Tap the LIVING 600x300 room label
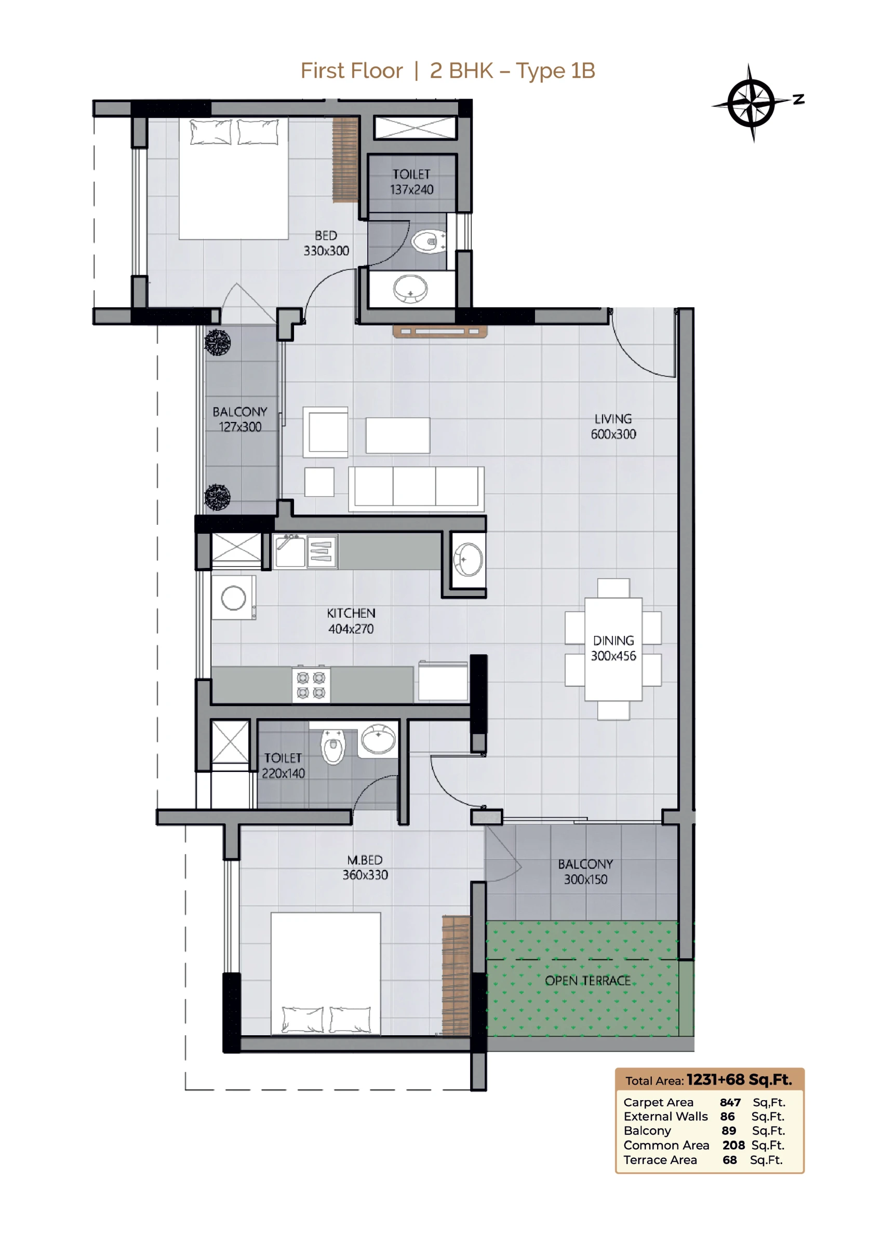coord(613,426)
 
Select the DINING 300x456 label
coord(613,648)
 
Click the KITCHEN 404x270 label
coord(351,621)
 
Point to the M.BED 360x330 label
coord(365,867)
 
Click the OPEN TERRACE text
coord(587,981)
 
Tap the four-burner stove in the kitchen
coord(311,685)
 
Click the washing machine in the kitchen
coord(234,598)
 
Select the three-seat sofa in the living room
coord(416,489)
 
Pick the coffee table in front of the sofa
coord(397,435)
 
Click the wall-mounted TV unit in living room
coord(440,331)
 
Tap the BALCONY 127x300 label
coord(239,419)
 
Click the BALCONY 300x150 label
coord(585,871)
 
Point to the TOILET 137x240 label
coord(411,182)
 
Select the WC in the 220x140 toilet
coord(332,747)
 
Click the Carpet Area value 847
coord(730,1102)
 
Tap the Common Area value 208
coord(733,1145)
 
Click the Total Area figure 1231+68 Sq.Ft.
coord(739,1079)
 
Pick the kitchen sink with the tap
coord(290,551)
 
